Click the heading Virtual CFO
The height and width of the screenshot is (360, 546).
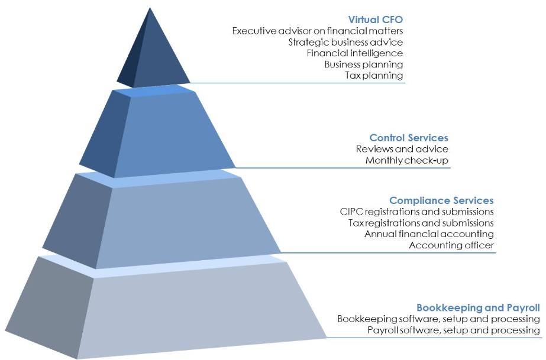coord(375,19)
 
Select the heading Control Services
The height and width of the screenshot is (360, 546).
coord(409,138)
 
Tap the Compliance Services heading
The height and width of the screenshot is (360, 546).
coord(441,200)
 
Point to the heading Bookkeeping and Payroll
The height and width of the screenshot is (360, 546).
coord(478,307)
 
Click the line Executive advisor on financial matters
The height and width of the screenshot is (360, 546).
coord(318,31)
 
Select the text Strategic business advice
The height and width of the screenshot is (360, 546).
coord(345,42)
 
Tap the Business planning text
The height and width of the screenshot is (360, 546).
coord(364,64)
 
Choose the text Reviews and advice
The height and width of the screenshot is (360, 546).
coord(402,149)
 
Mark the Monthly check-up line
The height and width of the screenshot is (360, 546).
coord(407,160)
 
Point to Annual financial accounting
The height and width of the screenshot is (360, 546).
coord(429,234)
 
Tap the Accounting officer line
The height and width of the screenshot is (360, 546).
coord(451,245)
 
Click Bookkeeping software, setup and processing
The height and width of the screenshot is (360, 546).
coord(439,319)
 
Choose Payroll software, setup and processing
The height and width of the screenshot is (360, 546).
coord(454,330)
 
